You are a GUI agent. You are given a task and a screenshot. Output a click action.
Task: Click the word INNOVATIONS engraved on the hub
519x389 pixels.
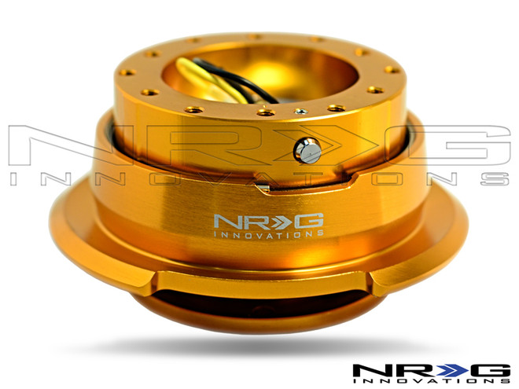click(267, 233)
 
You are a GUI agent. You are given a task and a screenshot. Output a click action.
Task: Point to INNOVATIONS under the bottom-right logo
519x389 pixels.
click(429, 383)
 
